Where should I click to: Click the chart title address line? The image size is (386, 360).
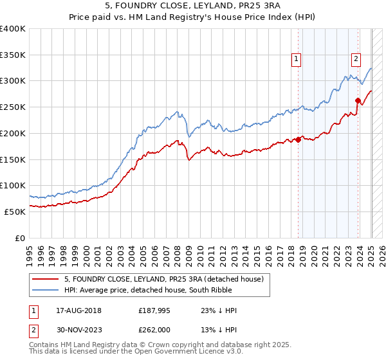click(x=192, y=6)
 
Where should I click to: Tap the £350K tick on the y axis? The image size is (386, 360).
click(x=13, y=55)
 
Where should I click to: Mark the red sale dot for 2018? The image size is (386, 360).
click(x=298, y=139)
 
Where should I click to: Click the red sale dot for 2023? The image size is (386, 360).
click(x=358, y=100)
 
